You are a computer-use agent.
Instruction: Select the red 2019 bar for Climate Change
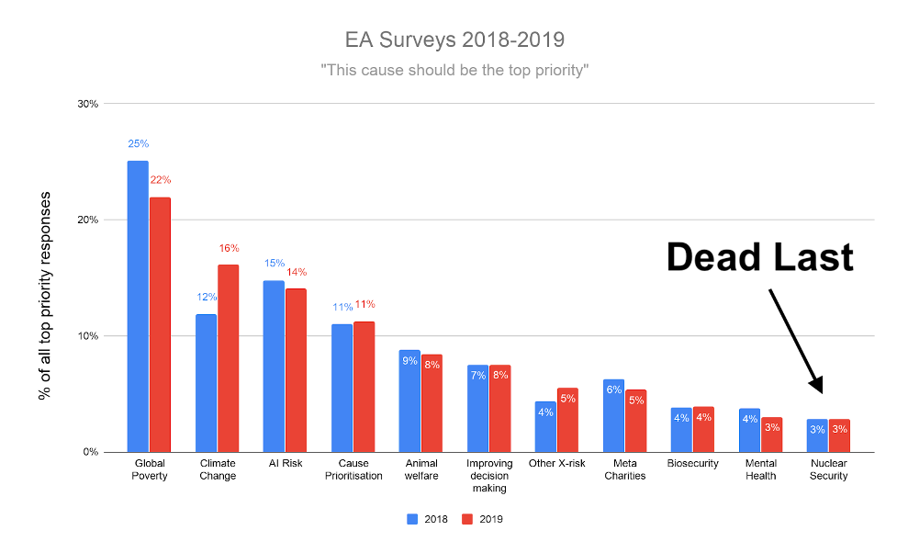[x=228, y=358]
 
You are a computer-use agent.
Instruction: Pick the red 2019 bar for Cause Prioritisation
[x=364, y=386]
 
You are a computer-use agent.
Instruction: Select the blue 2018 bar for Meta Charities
[x=613, y=415]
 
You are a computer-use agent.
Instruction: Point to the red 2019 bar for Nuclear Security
[x=839, y=435]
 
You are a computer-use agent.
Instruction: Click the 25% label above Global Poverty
[x=138, y=144]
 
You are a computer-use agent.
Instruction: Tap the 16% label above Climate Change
[x=229, y=248]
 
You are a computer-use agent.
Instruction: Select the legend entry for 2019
[x=482, y=519]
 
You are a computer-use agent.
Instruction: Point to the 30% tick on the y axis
[x=87, y=104]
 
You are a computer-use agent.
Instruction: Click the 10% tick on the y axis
[x=87, y=336]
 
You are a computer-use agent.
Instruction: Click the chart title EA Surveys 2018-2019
[x=454, y=40]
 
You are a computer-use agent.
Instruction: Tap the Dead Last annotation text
[x=759, y=257]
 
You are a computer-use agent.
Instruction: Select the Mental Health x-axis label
[x=760, y=469]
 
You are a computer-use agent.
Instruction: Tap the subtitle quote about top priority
[x=454, y=70]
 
